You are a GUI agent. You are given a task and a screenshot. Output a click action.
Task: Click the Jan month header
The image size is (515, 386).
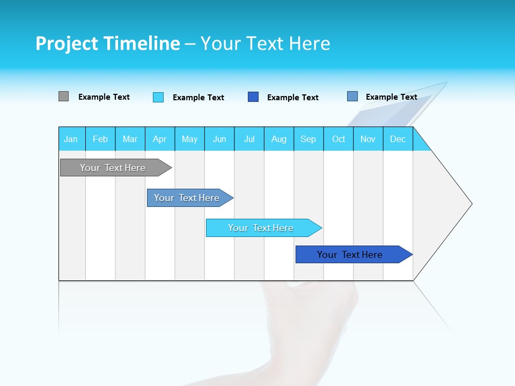71,139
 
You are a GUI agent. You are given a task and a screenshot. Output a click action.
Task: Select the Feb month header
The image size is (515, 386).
100,139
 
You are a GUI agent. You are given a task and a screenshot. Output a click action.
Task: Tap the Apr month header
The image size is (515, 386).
159,139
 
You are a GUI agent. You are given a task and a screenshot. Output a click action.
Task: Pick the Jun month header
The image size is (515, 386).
219,139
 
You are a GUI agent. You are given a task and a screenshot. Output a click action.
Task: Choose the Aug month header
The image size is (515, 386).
279,139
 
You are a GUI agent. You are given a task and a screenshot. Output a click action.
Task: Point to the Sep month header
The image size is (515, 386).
308,139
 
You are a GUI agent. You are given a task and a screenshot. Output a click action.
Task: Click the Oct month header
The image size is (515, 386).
339,139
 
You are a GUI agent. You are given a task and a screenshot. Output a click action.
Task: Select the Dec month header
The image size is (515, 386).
398,139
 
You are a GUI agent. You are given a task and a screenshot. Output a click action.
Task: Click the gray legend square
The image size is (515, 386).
63,96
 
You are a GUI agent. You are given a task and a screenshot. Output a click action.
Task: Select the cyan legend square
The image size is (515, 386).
158,97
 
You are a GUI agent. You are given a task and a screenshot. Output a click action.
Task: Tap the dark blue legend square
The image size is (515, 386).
253,97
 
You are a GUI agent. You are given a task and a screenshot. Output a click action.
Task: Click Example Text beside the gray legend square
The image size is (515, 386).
104,97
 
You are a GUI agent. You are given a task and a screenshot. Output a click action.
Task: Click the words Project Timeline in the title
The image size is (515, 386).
108,43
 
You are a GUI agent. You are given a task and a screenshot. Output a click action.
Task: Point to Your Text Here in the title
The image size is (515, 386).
265,43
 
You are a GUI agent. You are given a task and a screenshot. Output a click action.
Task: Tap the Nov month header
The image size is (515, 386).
368,139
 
